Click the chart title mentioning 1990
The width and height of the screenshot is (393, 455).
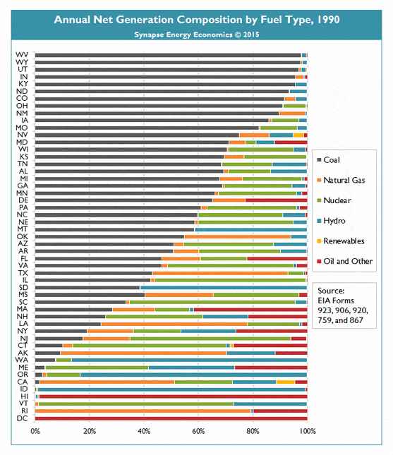coord(196,20)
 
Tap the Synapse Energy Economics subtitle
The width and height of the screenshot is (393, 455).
coord(196,35)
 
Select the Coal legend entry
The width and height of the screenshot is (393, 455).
coord(329,160)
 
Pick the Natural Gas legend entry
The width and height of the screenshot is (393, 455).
coord(341,180)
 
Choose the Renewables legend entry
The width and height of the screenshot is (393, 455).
coord(341,241)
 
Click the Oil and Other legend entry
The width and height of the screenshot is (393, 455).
coord(345,261)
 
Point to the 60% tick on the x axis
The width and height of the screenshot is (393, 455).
coord(198,431)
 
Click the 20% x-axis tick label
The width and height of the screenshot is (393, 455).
coord(90,431)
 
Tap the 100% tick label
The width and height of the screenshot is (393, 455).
coord(308,431)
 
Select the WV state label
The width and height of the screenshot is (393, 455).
coord(22,55)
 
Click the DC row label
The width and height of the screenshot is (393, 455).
coord(23,418)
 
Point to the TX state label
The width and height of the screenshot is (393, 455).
coord(23,273)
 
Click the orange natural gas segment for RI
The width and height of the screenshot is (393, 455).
coord(143,411)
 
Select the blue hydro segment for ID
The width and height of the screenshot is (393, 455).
coord(171,389)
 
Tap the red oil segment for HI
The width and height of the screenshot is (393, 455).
coord(173,396)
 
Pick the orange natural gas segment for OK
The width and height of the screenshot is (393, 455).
coord(238,237)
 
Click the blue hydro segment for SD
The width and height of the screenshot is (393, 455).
coord(223,288)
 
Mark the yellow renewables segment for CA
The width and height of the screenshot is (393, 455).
coord(286,382)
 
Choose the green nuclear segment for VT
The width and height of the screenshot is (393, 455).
coord(136,404)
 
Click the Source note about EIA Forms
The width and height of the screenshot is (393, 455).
coord(343,305)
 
